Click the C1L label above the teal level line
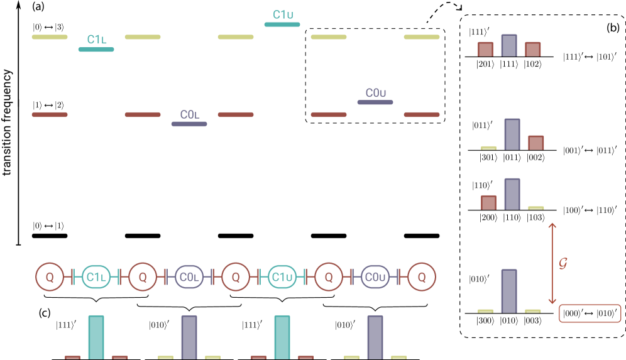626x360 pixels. (x=96, y=40)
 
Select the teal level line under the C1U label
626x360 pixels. (x=282, y=25)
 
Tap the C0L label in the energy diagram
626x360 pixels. (x=189, y=114)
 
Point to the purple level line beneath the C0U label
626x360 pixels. (x=375, y=102)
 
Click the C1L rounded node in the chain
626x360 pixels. (x=96, y=276)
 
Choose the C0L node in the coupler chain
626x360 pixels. (x=189, y=276)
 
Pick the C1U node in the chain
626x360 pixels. (x=282, y=276)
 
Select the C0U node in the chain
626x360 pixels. (x=375, y=276)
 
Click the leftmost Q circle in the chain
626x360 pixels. (x=50, y=276)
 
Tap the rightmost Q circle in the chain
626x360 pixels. (x=422, y=276)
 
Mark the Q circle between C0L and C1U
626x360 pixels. (x=236, y=276)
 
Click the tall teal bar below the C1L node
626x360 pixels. (x=96, y=337)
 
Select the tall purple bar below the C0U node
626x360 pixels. (x=375, y=337)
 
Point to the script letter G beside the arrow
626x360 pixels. (x=564, y=263)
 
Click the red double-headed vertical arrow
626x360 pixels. (x=552, y=263)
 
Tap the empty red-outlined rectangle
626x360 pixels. (x=590, y=313)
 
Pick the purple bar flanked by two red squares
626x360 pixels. (x=509, y=45)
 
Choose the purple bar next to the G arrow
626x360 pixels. (x=509, y=290)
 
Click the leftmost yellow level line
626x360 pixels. (x=50, y=37)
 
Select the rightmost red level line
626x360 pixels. (x=422, y=114)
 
